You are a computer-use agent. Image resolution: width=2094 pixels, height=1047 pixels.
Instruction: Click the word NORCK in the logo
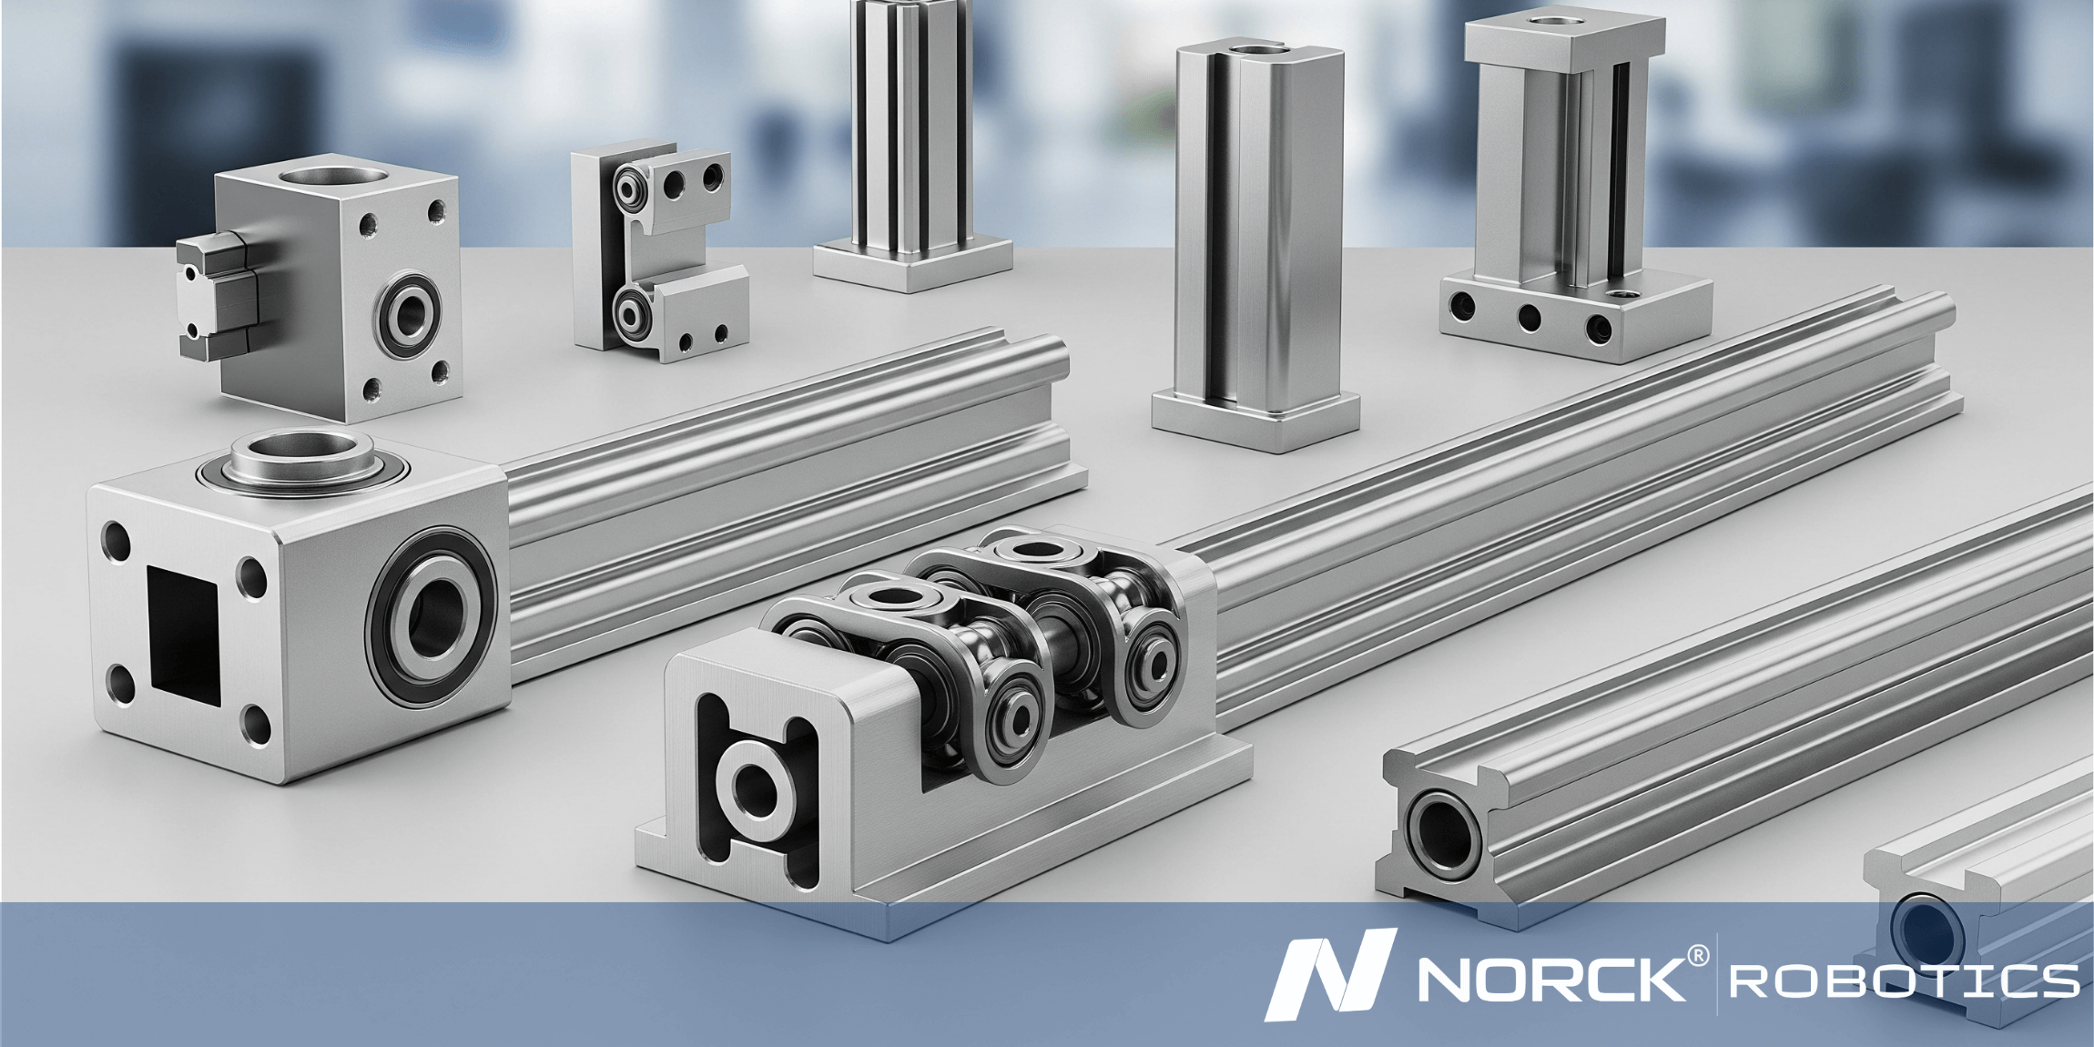pyautogui.click(x=1550, y=979)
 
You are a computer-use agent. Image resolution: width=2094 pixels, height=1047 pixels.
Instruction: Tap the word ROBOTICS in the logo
pyautogui.click(x=1904, y=981)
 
